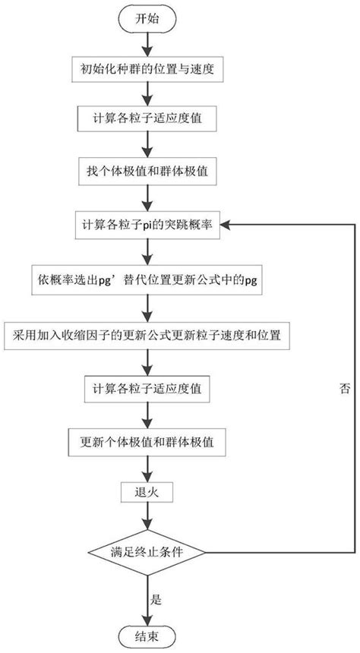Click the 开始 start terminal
(148, 18)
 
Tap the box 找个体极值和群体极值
(148, 171)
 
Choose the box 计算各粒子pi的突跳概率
(148, 225)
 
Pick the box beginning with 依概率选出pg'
(148, 279)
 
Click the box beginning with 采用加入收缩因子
(148, 333)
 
